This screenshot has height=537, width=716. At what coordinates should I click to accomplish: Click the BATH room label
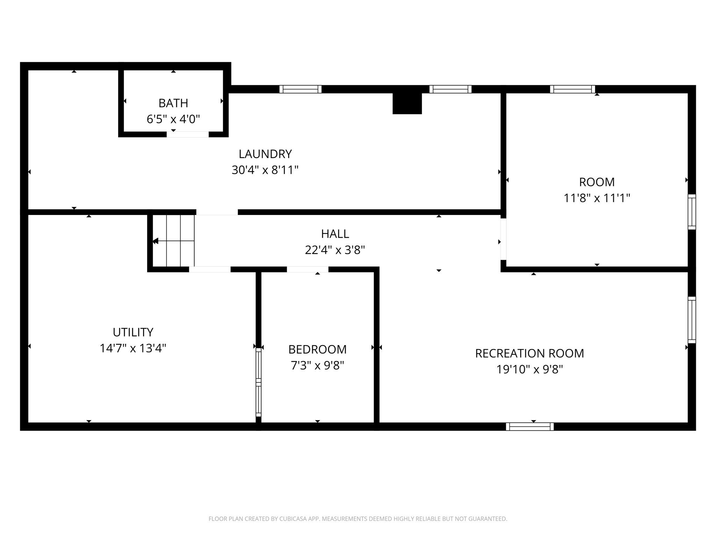[x=173, y=103]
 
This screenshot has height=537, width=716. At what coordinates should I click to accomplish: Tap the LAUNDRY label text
[x=265, y=154]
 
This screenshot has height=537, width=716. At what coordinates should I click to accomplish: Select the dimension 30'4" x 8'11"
[x=265, y=170]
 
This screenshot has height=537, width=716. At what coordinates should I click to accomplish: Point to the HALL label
[x=335, y=234]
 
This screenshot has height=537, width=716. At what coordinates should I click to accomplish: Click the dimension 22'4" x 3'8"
[x=335, y=250]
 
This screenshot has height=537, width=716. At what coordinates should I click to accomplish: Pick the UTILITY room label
[x=133, y=332]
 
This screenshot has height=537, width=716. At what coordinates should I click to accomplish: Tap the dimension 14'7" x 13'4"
[x=133, y=348]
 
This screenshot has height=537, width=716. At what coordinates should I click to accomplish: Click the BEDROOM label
[x=317, y=349]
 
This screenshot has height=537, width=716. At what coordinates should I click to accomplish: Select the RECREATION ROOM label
[x=529, y=353]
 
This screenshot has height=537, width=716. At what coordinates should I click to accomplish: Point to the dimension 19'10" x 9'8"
[x=529, y=370]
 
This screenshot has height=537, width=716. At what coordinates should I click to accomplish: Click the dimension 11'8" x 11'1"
[x=597, y=198]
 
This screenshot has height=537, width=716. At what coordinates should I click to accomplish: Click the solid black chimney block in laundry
[x=407, y=103]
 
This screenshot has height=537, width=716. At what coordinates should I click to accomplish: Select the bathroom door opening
[x=188, y=134]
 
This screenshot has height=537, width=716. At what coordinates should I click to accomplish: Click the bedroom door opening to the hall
[x=308, y=269]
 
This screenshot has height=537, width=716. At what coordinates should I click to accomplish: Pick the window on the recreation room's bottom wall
[x=530, y=427]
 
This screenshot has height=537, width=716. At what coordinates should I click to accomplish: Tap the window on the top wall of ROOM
[x=572, y=89]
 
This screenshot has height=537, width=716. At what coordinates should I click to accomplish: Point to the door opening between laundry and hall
[x=217, y=212]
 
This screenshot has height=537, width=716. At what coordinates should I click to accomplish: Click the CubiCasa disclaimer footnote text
[x=358, y=519]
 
